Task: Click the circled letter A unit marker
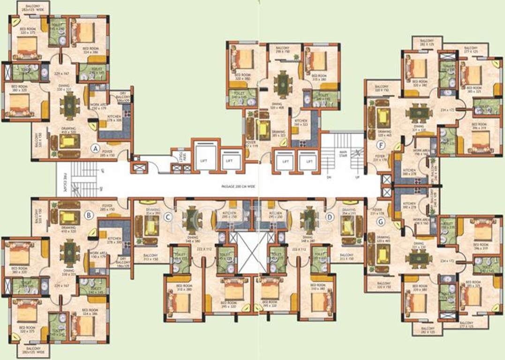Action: point(95,149)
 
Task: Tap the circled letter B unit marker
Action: point(87,216)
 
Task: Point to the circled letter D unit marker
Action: point(330,217)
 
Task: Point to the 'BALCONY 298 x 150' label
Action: point(282,50)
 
